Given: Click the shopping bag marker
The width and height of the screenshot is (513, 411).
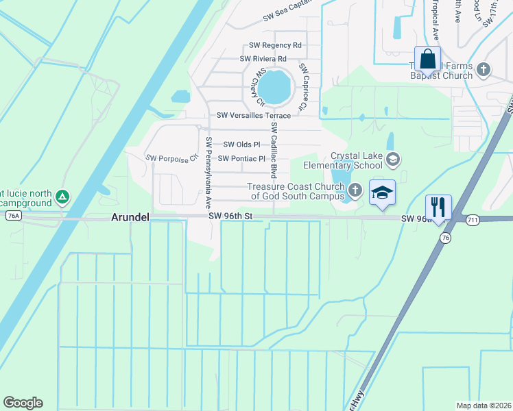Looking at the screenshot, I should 428,60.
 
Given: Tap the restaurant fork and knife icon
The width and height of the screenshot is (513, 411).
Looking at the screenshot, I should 439,206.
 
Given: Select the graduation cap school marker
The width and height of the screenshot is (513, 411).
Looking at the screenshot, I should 383,192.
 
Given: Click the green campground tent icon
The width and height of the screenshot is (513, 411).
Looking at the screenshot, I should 62,197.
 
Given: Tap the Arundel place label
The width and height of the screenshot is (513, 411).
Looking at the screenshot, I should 130,217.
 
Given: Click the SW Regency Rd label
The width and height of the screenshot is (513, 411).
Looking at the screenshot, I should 275,45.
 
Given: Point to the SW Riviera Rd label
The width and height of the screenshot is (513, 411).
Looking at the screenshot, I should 263,59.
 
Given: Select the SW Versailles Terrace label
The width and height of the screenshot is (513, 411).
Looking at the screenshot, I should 254,116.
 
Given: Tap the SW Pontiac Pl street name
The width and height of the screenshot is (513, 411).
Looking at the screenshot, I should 241,159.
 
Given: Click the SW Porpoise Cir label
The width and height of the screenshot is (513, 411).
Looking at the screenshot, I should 171,158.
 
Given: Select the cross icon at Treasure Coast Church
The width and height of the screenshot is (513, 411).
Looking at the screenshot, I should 355,189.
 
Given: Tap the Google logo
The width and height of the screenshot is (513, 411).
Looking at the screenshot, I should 23,403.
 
